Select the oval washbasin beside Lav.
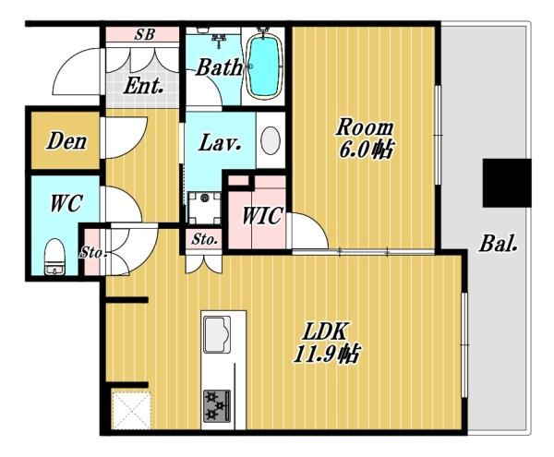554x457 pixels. [271, 140]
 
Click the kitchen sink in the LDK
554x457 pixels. [217, 334]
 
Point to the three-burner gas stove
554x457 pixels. [217, 406]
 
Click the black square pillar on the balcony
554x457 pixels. [507, 183]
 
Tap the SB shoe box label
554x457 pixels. [145, 34]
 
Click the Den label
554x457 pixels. [66, 141]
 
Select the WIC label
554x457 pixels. [262, 215]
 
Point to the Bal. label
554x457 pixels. [499, 244]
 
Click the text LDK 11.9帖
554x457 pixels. [327, 343]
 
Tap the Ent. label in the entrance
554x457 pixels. [143, 86]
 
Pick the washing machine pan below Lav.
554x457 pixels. [204, 208]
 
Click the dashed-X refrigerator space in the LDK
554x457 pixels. [131, 409]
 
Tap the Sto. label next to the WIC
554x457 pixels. [204, 240]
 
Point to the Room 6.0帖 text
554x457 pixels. [366, 138]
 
